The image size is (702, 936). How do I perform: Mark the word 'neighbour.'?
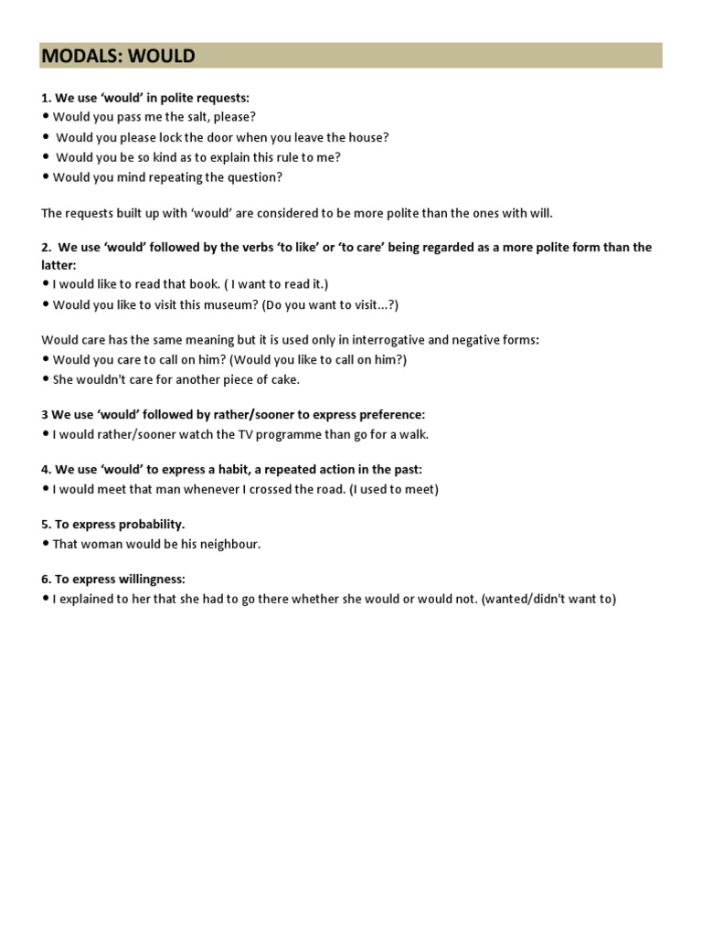coord(229,545)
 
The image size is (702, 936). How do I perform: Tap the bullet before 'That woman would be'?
coord(46,545)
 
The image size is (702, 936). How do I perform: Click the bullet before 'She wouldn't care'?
coord(46,380)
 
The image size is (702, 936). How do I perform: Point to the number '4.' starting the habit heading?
coord(47,470)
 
